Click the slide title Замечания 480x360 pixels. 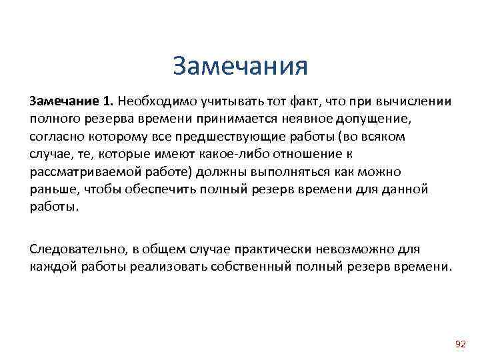point(240,67)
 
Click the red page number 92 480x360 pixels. point(460,343)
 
